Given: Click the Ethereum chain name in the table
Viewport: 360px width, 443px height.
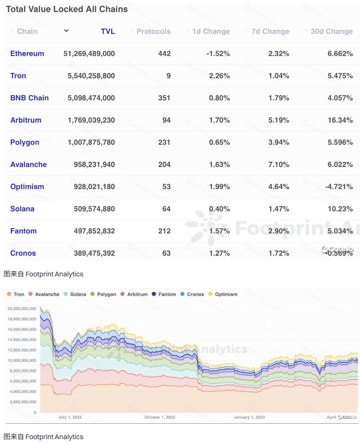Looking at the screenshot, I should coord(27,53).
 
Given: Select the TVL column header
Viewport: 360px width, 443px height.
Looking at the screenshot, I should coord(108,31).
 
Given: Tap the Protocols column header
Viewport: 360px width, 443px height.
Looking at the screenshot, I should coord(153,31).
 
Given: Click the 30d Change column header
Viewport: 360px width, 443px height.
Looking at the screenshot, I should coord(332,31).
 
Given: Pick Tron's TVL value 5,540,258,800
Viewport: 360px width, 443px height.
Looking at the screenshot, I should coord(91,76).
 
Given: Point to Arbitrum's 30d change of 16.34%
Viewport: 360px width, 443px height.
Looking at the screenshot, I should coord(340,120).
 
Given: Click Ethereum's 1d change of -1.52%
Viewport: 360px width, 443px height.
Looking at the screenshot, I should coord(218,53).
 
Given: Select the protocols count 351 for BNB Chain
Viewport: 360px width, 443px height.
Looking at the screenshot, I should coord(164,98).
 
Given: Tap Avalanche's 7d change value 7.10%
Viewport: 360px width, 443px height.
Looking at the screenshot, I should coord(278,164).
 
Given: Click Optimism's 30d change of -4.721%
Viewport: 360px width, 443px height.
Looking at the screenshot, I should coord(338,186).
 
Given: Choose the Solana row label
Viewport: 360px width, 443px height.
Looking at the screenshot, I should coord(22,209).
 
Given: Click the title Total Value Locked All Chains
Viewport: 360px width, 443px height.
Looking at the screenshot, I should coord(67,9).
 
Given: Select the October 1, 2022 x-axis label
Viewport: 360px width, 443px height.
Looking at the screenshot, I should coord(160,417).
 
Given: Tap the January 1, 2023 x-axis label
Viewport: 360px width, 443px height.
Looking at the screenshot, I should coord(249,417).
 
